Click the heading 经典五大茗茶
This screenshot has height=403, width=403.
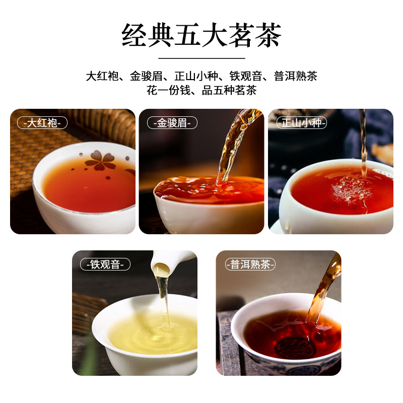201,35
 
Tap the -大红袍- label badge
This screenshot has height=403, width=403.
42,123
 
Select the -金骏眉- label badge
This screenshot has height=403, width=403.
172,123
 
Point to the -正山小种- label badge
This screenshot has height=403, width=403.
301,123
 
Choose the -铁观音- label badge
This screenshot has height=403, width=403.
105,264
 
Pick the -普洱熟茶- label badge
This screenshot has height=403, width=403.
250,264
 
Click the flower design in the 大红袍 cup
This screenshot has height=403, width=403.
100,160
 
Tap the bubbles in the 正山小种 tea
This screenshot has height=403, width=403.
351,189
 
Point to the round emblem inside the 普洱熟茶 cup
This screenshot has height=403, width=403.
295,348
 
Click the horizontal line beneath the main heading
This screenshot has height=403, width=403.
201,58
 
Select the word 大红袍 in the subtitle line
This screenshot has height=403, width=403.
102,76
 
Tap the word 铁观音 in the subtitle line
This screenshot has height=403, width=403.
246,76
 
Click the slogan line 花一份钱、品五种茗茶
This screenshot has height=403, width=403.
201,90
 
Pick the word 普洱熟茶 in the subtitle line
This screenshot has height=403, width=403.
296,76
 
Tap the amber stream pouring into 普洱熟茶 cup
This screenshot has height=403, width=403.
324,288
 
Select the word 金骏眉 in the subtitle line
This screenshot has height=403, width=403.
146,76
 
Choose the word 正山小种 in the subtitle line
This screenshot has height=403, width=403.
196,76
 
